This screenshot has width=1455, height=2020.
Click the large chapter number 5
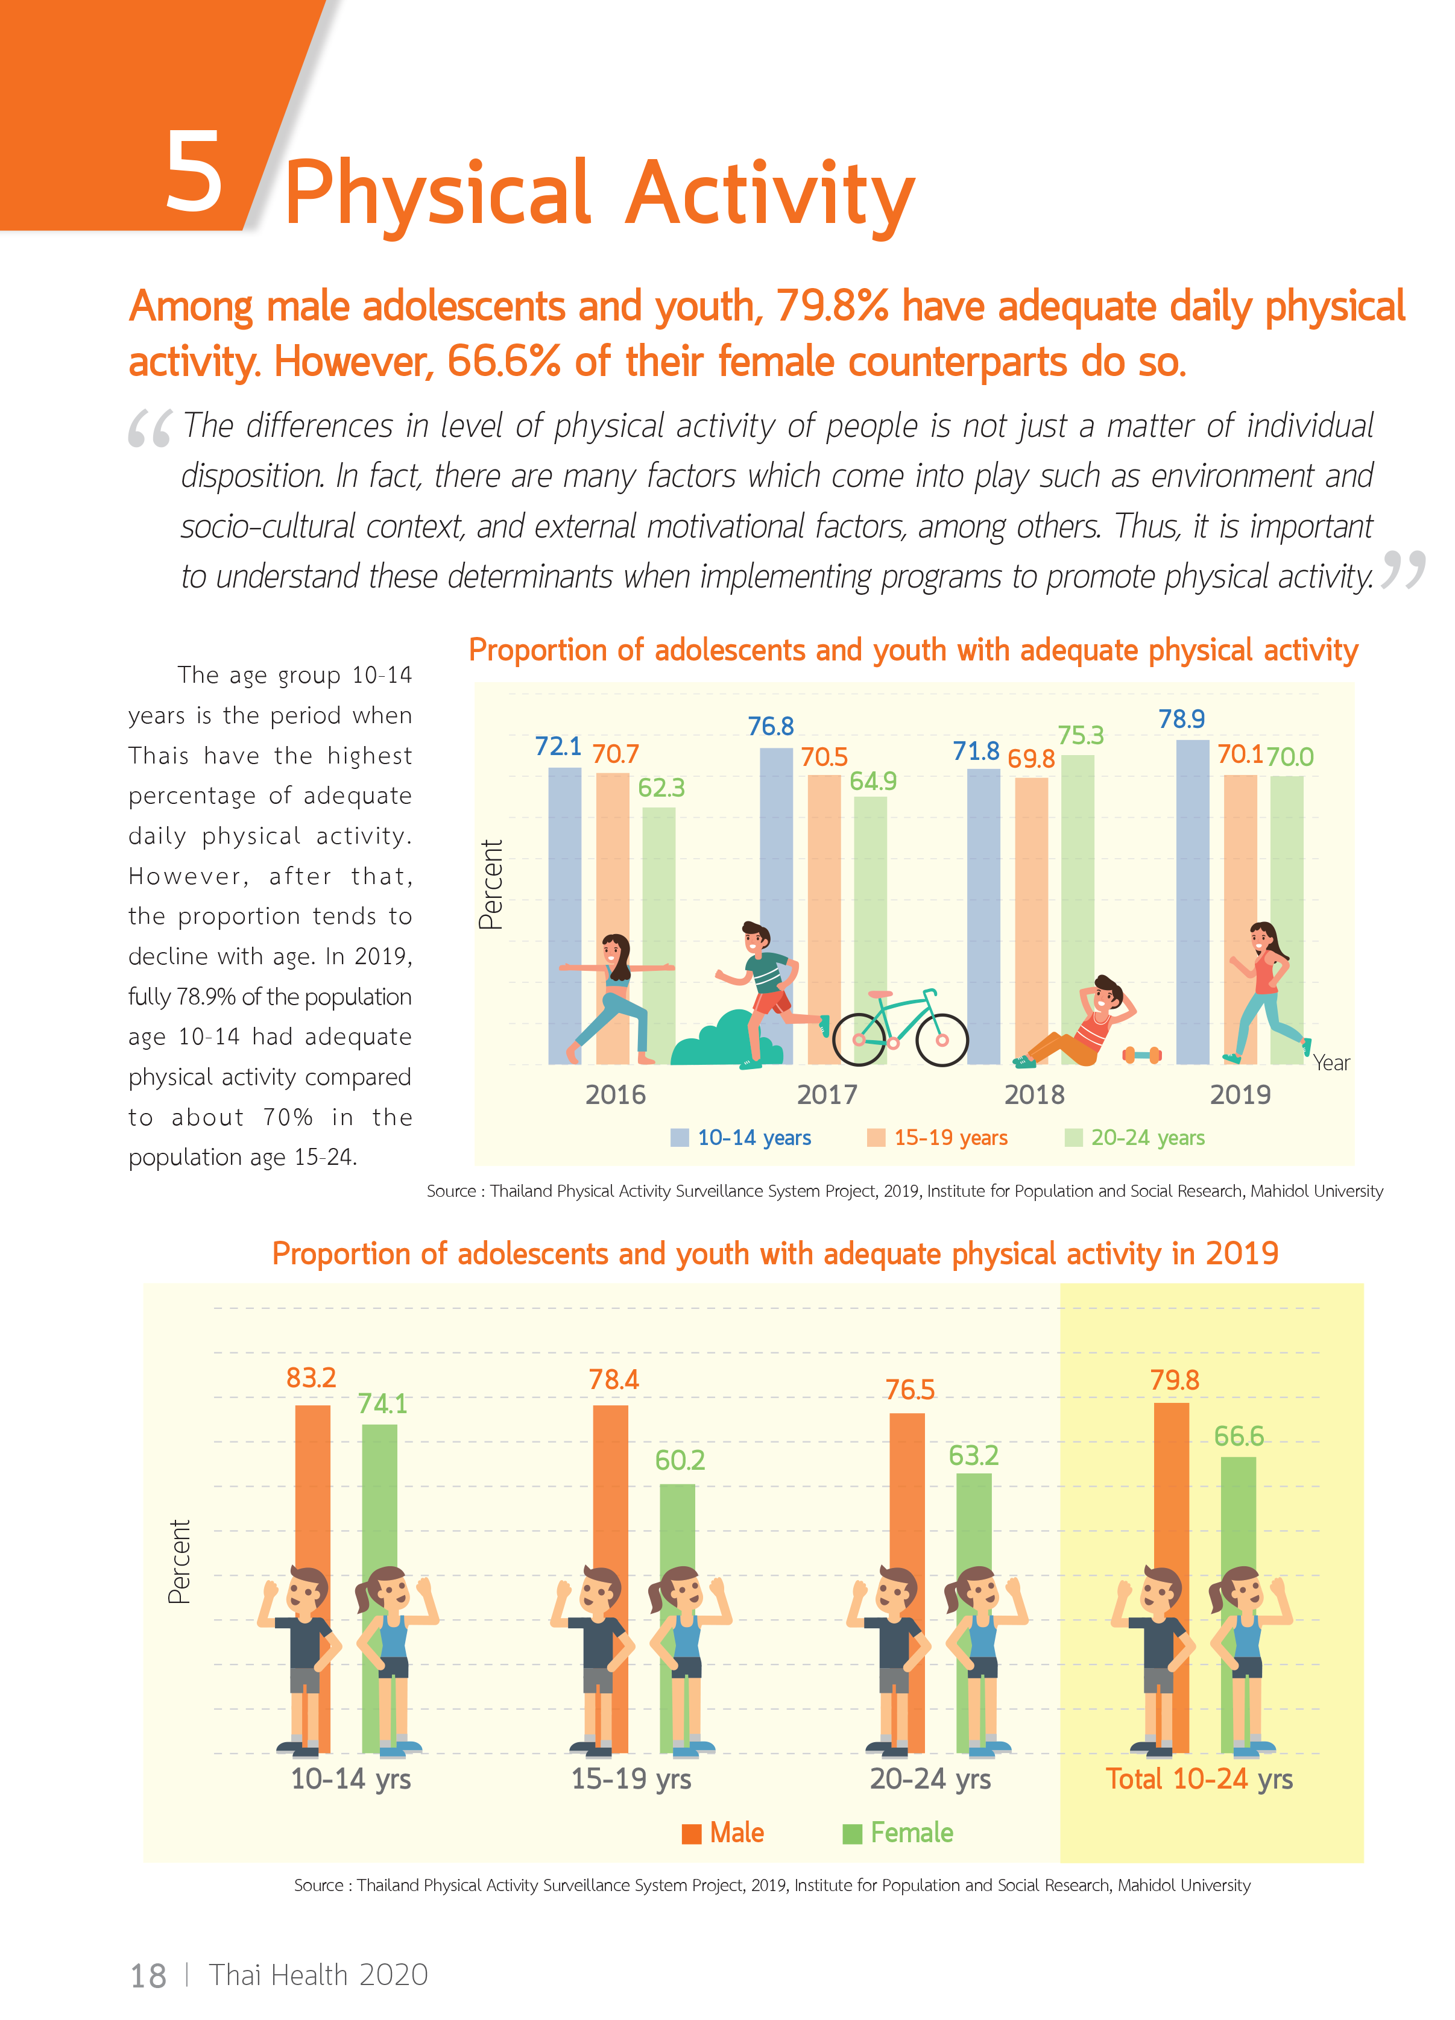click(194, 173)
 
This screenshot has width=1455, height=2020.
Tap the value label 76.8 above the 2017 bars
click(770, 727)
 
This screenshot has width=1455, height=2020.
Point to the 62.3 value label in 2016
click(661, 788)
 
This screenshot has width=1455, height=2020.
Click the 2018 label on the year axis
click(1034, 1094)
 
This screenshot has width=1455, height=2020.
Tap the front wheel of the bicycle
click(942, 1040)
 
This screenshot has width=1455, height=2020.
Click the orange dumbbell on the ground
click(1141, 1055)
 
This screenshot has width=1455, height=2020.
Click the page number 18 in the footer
click(148, 1975)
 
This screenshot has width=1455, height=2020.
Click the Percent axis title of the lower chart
click(179, 1561)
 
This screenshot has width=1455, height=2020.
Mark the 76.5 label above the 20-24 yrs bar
click(909, 1390)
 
